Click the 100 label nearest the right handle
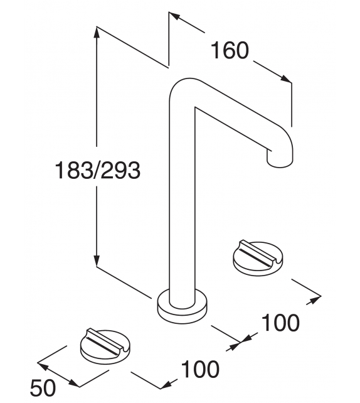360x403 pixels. click(280, 323)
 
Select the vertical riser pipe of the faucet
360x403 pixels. click(183, 201)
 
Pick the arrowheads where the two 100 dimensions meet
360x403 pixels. click(241, 341)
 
